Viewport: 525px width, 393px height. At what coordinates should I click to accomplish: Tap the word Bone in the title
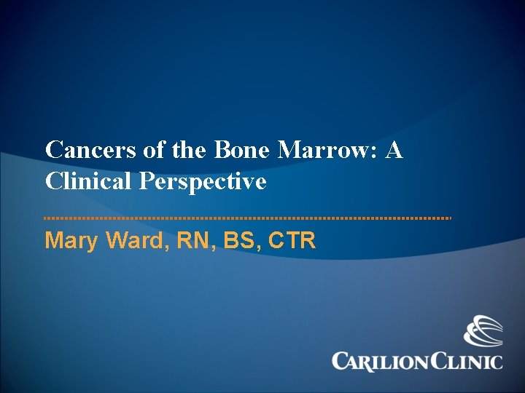point(241,151)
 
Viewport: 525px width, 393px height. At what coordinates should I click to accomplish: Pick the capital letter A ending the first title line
point(394,151)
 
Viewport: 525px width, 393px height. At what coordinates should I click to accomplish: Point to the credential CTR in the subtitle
point(292,240)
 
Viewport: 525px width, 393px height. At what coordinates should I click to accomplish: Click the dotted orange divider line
point(248,218)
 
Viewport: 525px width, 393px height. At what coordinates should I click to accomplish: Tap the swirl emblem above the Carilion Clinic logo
point(483,331)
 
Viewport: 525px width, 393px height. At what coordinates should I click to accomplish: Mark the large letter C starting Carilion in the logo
point(341,361)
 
